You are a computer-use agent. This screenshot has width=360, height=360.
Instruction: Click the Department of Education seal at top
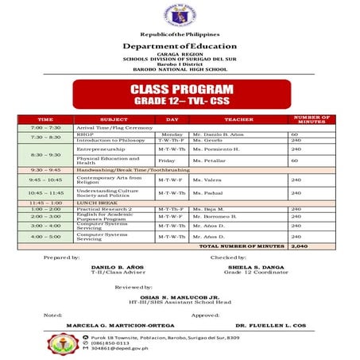point(180,17)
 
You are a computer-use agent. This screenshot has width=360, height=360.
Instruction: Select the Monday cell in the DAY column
point(172,134)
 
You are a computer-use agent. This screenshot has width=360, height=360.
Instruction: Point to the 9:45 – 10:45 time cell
point(45,180)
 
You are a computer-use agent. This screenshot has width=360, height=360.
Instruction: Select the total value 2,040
point(300,246)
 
